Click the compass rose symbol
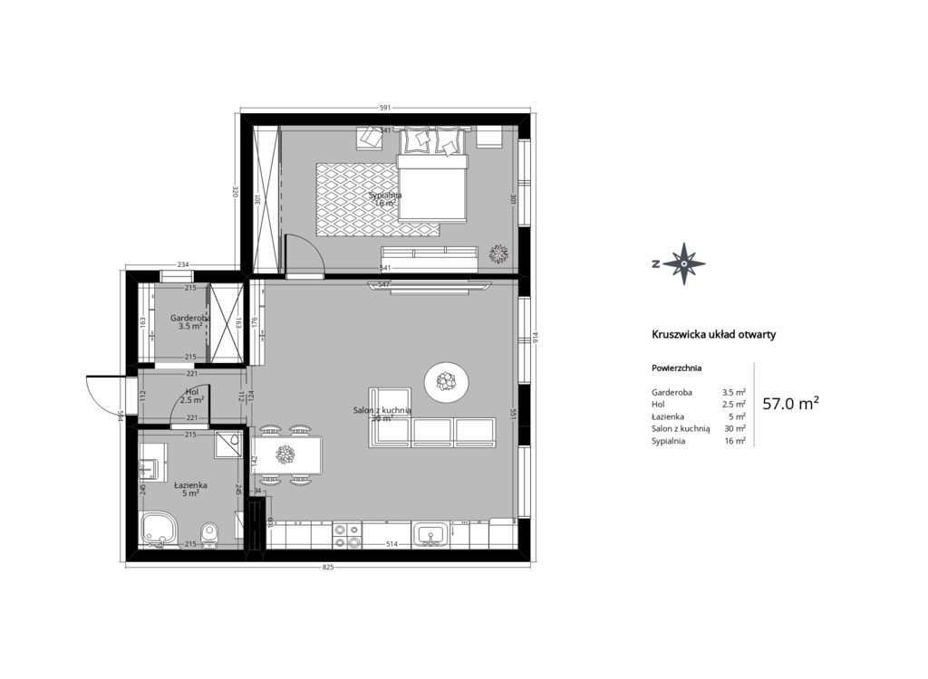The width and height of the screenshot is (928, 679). click(x=682, y=263)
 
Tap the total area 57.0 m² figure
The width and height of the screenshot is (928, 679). click(x=790, y=404)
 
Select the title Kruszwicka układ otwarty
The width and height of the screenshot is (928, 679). click(x=713, y=334)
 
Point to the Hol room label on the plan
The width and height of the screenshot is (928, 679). click(x=191, y=393)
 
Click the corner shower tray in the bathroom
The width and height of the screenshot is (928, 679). click(x=230, y=443)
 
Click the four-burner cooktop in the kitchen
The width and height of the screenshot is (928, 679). click(x=346, y=535)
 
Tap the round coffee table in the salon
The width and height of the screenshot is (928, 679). click(x=447, y=381)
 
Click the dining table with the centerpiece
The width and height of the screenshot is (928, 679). click(x=287, y=454)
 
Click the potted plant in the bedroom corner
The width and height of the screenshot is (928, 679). click(x=498, y=253)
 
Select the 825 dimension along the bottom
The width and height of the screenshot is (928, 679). click(x=328, y=568)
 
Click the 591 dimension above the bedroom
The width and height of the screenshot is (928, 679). click(x=384, y=108)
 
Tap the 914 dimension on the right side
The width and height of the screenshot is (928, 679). click(x=536, y=338)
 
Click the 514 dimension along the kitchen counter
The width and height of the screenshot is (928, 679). click(x=392, y=544)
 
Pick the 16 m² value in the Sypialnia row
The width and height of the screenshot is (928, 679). click(x=735, y=441)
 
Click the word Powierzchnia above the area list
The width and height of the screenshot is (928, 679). click(x=676, y=368)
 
